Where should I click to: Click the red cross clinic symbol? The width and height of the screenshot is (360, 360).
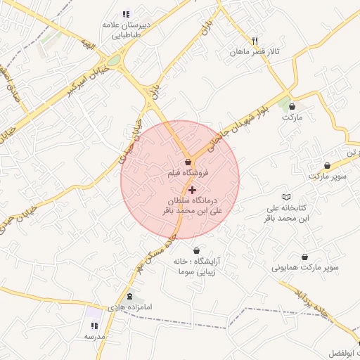pyautogui.click(x=193, y=190)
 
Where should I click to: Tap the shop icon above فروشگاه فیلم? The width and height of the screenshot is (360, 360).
pyautogui.click(x=188, y=162)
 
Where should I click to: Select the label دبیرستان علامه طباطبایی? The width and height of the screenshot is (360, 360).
pyautogui.click(x=126, y=29)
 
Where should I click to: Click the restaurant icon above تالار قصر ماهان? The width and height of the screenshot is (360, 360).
pyautogui.click(x=255, y=41)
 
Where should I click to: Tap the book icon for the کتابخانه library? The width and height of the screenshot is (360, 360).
pyautogui.click(x=285, y=197)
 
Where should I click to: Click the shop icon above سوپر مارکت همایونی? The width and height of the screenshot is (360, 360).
pyautogui.click(x=304, y=257)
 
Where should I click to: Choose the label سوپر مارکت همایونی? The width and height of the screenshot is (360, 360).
pyautogui.click(x=308, y=269)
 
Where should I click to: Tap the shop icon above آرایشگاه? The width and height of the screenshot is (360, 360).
pyautogui.click(x=195, y=250)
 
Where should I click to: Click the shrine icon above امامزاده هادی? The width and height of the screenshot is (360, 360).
pyautogui.click(x=129, y=297)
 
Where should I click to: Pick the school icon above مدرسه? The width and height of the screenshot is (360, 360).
pyautogui.click(x=94, y=326)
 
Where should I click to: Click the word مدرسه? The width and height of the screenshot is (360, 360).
pyautogui.click(x=94, y=337)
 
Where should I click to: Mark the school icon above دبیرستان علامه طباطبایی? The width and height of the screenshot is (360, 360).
pyautogui.click(x=126, y=13)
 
